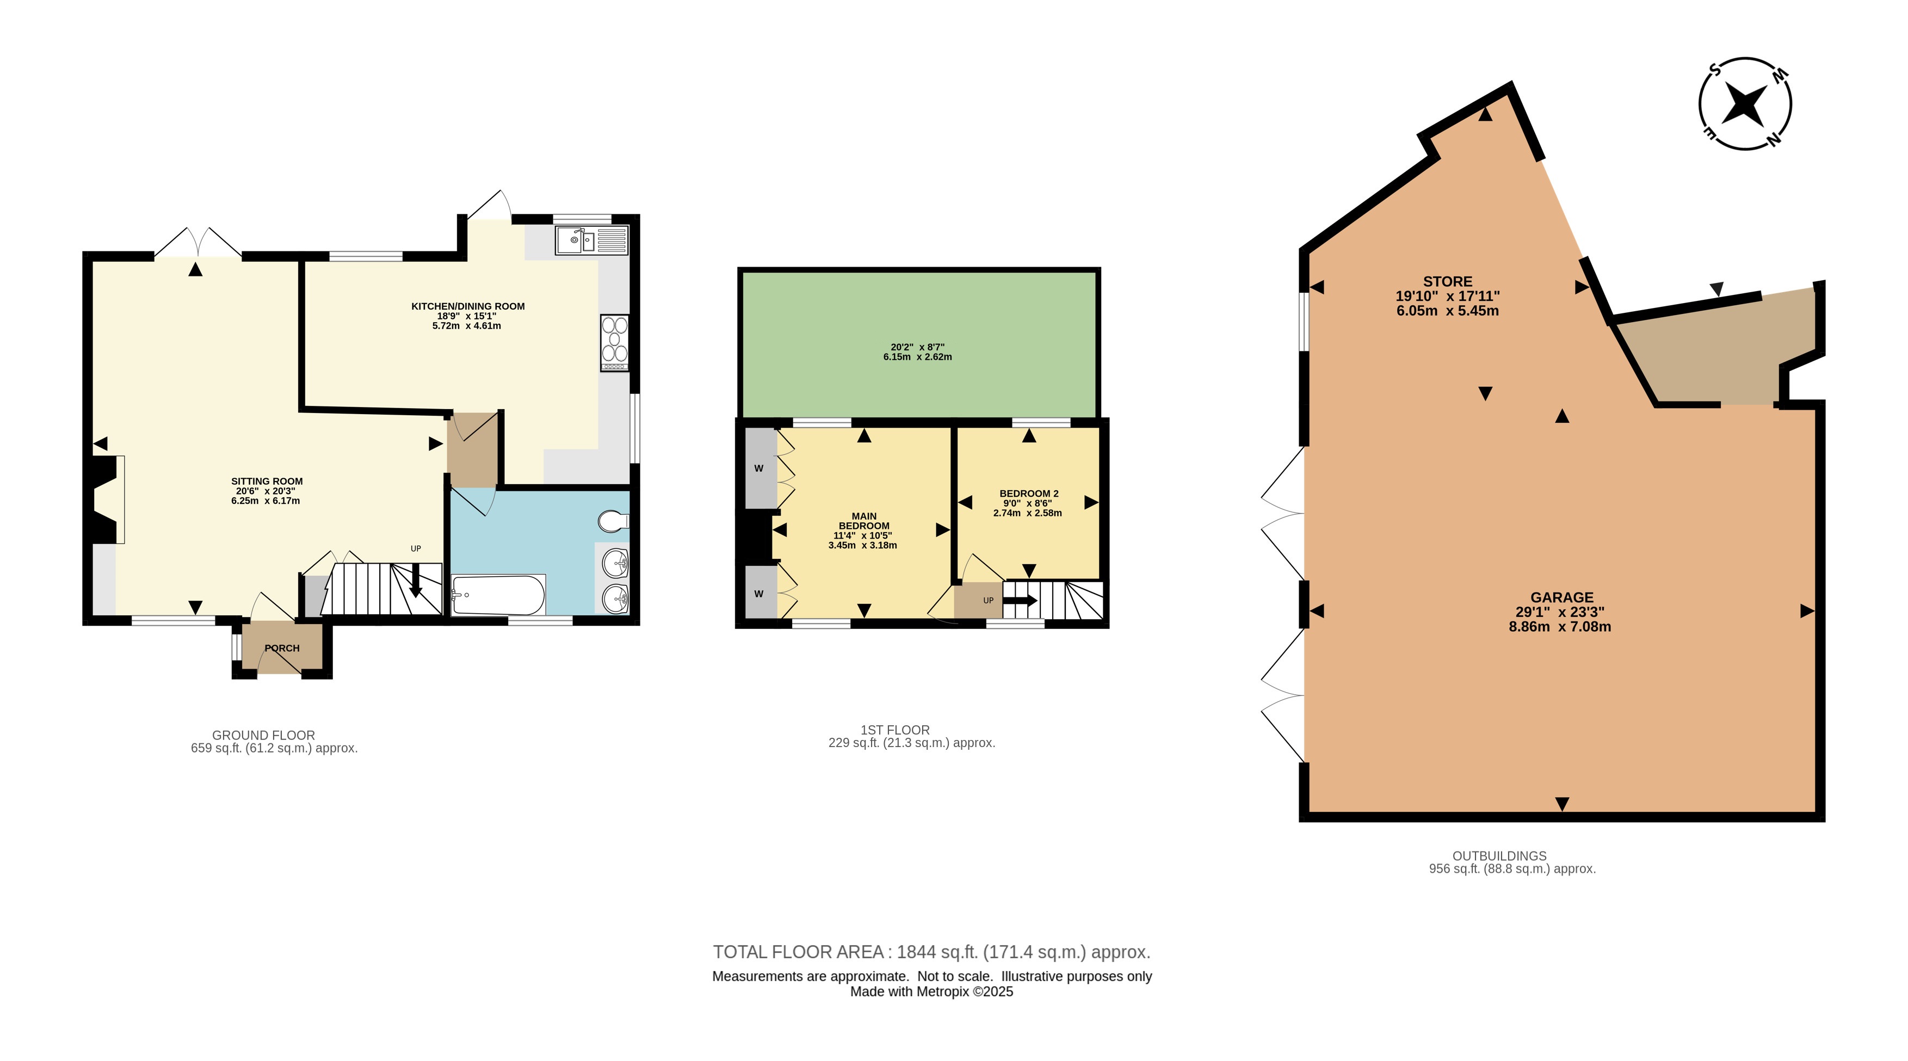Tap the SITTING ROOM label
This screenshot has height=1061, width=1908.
[267, 482]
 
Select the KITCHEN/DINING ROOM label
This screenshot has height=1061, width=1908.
[468, 306]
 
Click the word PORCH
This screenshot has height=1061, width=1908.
[282, 649]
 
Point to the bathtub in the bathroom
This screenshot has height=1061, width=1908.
[498, 595]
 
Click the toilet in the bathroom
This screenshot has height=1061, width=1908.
[614, 521]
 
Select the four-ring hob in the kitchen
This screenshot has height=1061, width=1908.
[615, 343]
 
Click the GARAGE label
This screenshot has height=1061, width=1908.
[1562, 597]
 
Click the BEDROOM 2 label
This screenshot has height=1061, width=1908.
[1029, 494]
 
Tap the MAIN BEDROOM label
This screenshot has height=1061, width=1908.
[863, 521]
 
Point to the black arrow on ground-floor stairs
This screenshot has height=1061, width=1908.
[416, 580]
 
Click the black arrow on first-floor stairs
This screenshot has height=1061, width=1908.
[1020, 600]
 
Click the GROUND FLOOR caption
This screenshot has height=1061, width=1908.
[264, 735]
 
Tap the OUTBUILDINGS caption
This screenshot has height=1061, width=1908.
[1499, 856]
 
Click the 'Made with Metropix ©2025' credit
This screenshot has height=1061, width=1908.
[932, 992]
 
